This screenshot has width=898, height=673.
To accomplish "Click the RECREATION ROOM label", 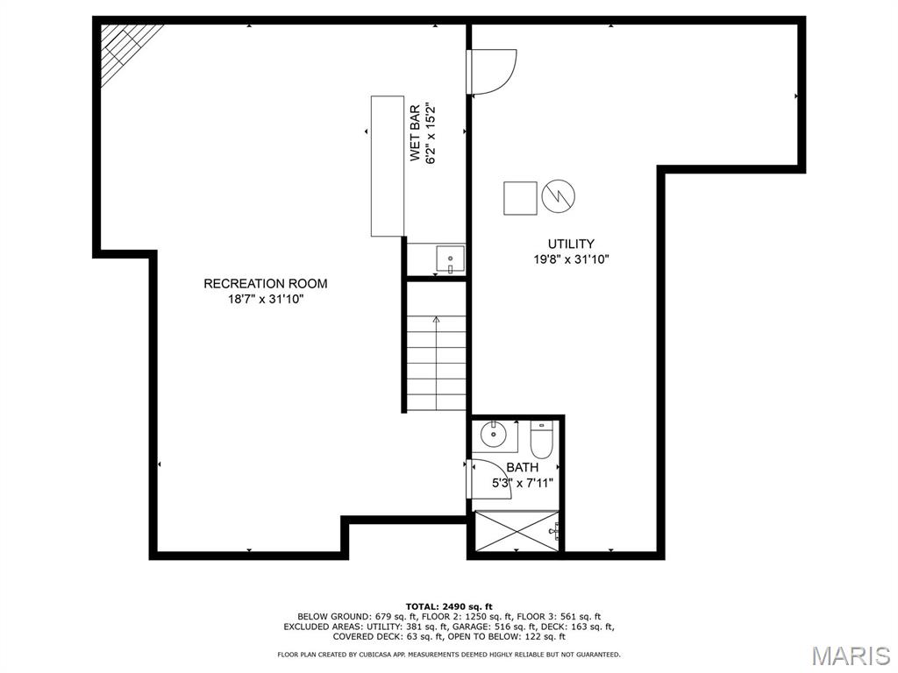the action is pos(266,283).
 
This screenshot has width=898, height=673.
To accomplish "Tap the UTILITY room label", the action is pos(571,244).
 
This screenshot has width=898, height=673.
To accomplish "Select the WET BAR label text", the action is pos(415,133).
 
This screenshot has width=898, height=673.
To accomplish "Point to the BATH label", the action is pos(523,468).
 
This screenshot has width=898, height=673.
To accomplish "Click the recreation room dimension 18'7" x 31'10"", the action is pos(265,299).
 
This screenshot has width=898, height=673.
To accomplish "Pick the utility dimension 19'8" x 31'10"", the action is pos(571,259).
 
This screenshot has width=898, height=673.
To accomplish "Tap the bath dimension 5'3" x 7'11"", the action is pos(523,483).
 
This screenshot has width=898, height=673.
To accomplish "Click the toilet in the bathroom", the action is pos(541,440).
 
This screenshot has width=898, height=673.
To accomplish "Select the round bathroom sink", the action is pos(493,435).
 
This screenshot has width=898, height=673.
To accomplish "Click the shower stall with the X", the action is pos(517,531).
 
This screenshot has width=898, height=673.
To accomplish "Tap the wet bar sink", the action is pos(450,259).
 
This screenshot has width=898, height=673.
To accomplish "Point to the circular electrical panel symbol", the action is pos(559,196).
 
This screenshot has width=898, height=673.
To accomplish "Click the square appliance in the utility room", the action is pos(520,198).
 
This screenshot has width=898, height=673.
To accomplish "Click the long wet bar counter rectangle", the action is pos(388,166).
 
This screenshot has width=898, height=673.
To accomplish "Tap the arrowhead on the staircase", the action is pos(437,319).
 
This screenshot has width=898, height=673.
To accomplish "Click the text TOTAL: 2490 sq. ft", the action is pos(449,606).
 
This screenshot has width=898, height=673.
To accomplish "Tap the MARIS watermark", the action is pos(851,655).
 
